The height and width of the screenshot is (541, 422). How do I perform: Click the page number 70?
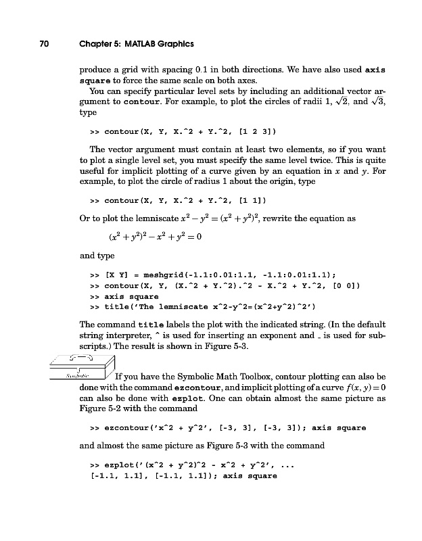[43, 45]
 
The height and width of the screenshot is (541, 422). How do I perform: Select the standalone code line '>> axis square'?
[124, 296]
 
